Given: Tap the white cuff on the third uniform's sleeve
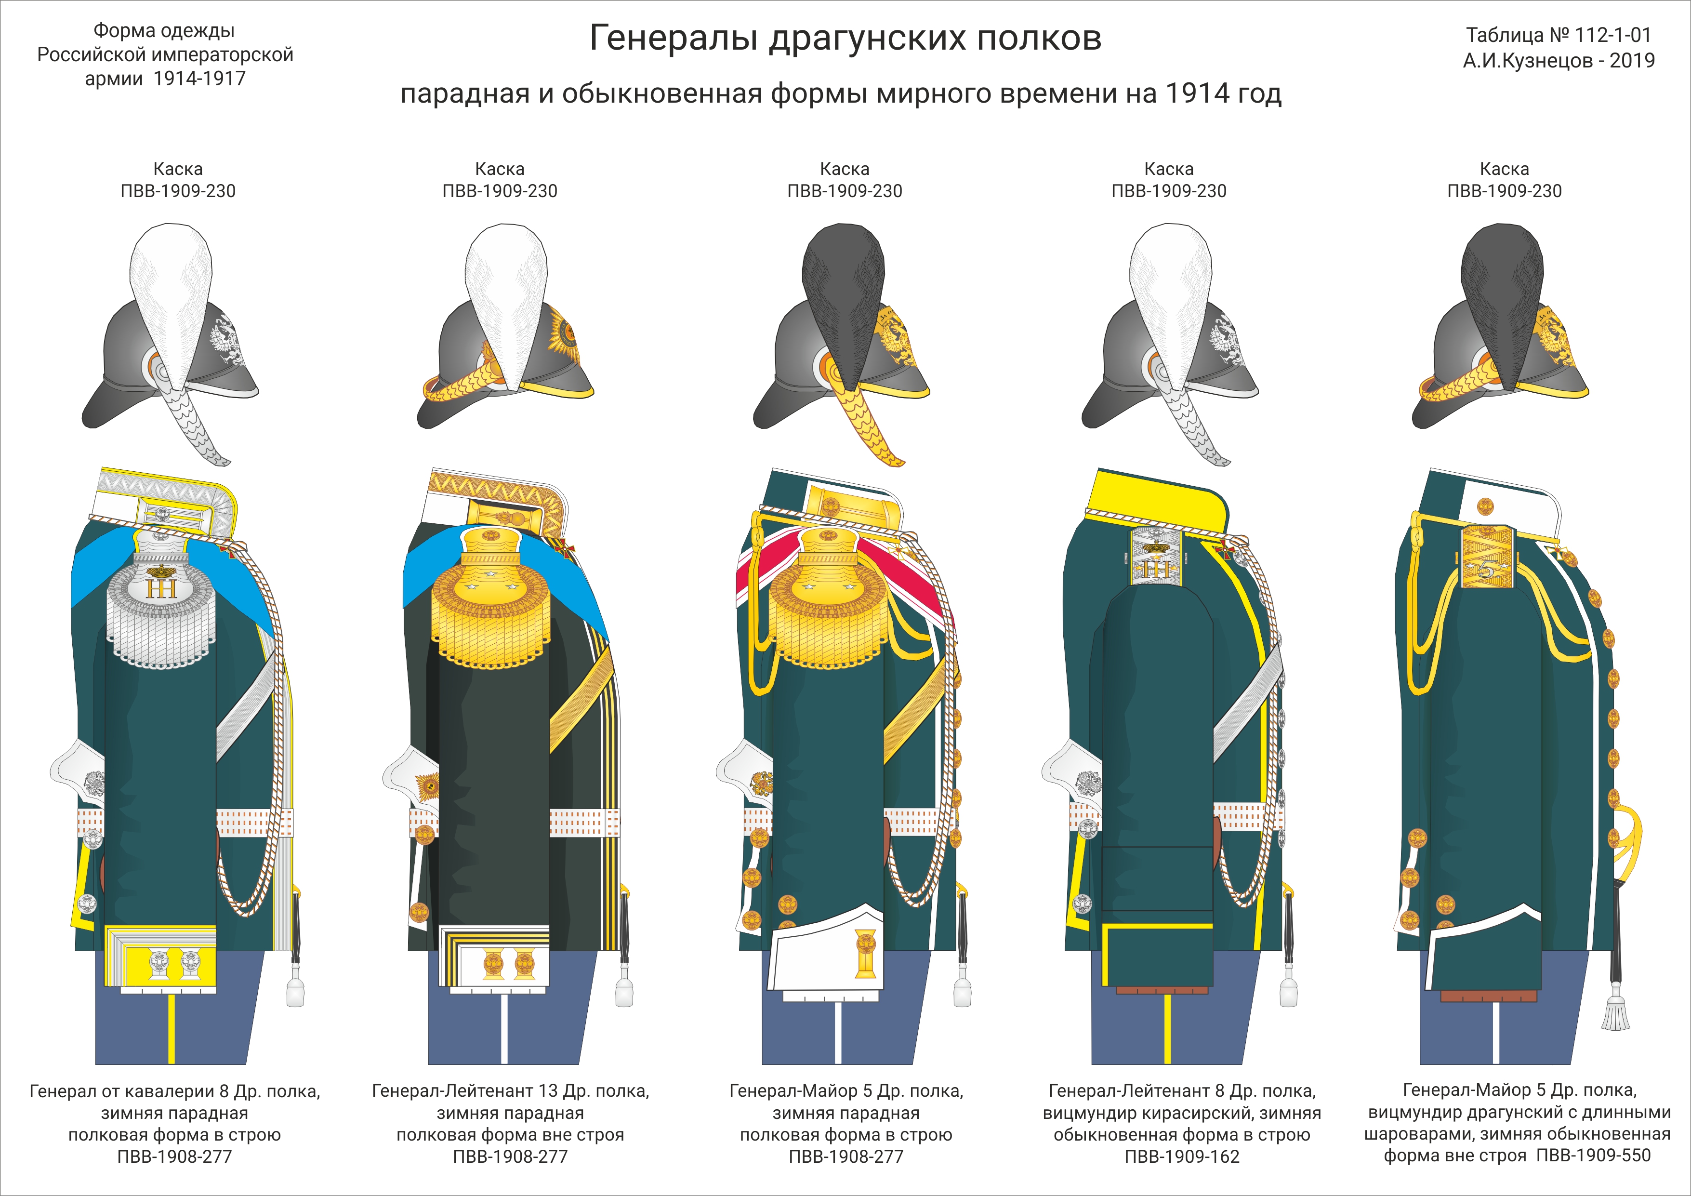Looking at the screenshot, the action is click(825, 957).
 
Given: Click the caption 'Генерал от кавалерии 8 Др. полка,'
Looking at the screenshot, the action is click(174, 1090).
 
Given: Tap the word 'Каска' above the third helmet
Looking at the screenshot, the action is click(844, 169).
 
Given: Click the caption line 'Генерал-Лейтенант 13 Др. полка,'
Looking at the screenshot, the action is click(510, 1090).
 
